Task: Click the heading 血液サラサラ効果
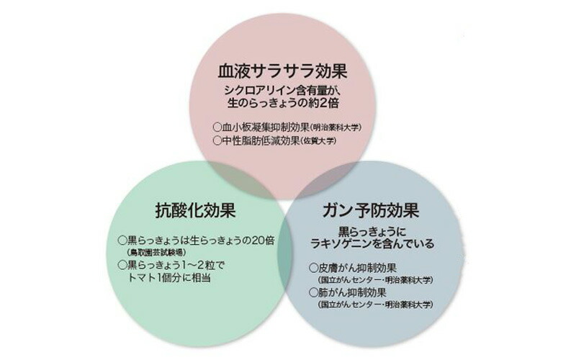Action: [x=282, y=71]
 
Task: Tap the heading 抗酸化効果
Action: [x=195, y=211]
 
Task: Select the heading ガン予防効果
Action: [x=371, y=210]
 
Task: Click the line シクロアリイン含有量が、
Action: [x=282, y=91]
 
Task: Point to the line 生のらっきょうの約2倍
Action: [x=282, y=103]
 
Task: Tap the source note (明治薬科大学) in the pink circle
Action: [x=336, y=128]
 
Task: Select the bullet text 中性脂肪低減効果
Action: [x=261, y=140]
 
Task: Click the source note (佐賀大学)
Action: [x=318, y=141]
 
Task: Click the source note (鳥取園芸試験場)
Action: [x=156, y=253]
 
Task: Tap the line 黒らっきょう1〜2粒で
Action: [x=176, y=265]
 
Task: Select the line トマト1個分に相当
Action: [x=169, y=278]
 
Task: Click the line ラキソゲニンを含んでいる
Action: [x=372, y=243]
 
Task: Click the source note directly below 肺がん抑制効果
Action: [x=374, y=305]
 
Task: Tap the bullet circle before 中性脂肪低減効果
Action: [x=217, y=140]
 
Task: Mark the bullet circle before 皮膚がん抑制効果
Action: [x=314, y=268]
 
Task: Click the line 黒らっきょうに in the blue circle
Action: [x=372, y=231]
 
